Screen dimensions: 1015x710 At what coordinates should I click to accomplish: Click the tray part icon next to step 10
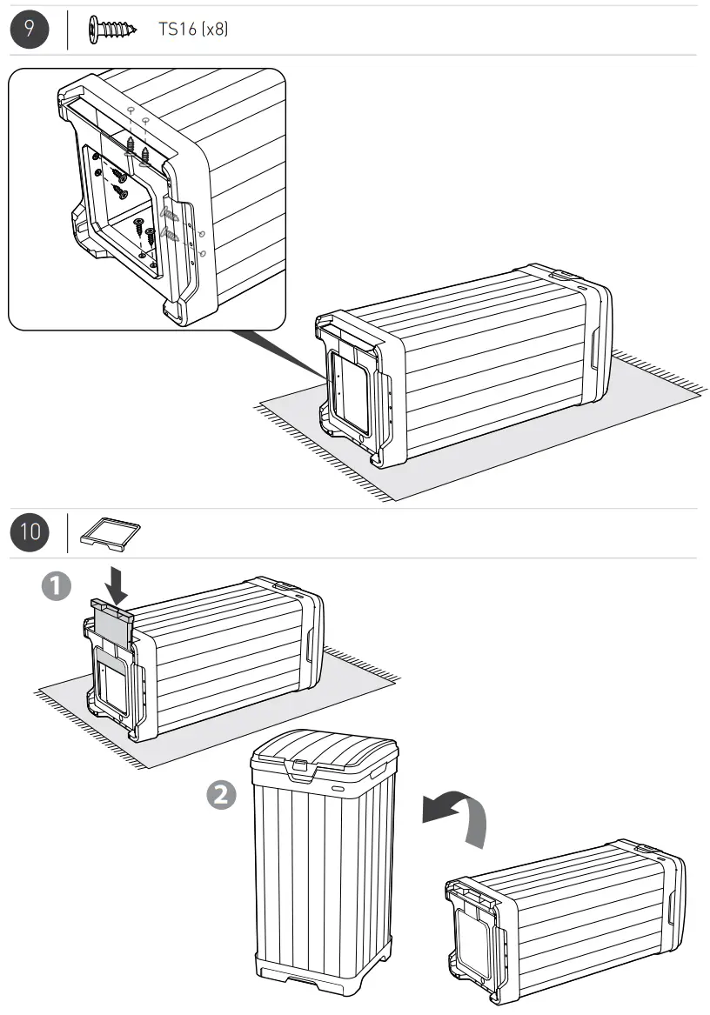(x=111, y=532)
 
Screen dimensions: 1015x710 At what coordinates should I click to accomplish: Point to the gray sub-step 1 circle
(x=57, y=587)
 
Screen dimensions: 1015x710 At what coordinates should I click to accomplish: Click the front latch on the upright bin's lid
(x=300, y=767)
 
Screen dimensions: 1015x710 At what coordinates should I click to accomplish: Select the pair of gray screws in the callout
(x=170, y=224)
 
